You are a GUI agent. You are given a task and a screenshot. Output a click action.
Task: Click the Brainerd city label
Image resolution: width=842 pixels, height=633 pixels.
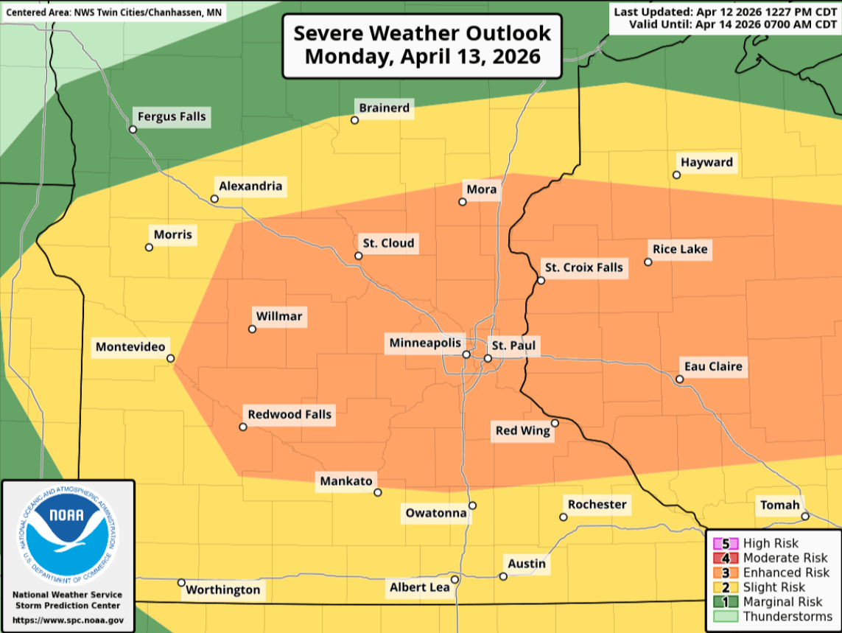pos(384,108)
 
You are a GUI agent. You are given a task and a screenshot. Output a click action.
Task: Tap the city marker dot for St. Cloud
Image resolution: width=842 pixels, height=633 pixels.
pos(359,256)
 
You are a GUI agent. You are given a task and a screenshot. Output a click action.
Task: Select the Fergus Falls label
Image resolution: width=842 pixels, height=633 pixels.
pos(172,116)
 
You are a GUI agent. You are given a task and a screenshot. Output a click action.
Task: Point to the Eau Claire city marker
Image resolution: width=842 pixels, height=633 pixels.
pos(680,380)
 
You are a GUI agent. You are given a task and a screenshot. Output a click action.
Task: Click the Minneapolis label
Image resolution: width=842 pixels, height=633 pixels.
pos(425,343)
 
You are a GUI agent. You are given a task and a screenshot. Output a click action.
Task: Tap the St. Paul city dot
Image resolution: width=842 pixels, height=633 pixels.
pos(488,358)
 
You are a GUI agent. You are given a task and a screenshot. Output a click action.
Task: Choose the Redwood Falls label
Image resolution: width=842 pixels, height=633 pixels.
pos(290,415)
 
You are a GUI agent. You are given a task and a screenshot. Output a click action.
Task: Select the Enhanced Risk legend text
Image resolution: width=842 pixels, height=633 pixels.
pos(786,573)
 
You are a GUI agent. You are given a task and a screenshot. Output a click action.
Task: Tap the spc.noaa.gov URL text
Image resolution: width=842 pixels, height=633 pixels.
pos(68,620)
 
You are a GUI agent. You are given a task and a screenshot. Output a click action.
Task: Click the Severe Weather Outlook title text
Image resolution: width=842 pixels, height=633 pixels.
pos(422,34)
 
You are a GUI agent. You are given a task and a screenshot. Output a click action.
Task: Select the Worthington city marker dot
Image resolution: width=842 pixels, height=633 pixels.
pos(182,583)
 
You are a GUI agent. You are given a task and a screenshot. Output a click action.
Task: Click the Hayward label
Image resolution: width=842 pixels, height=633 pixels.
pos(707,162)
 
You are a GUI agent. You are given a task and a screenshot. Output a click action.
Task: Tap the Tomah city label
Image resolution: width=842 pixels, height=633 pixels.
pos(779,505)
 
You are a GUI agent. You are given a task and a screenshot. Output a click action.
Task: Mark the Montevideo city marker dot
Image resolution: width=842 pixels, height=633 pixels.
pos(171,359)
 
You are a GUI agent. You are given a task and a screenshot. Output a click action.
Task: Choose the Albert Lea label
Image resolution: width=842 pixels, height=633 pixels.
pos(419,587)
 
